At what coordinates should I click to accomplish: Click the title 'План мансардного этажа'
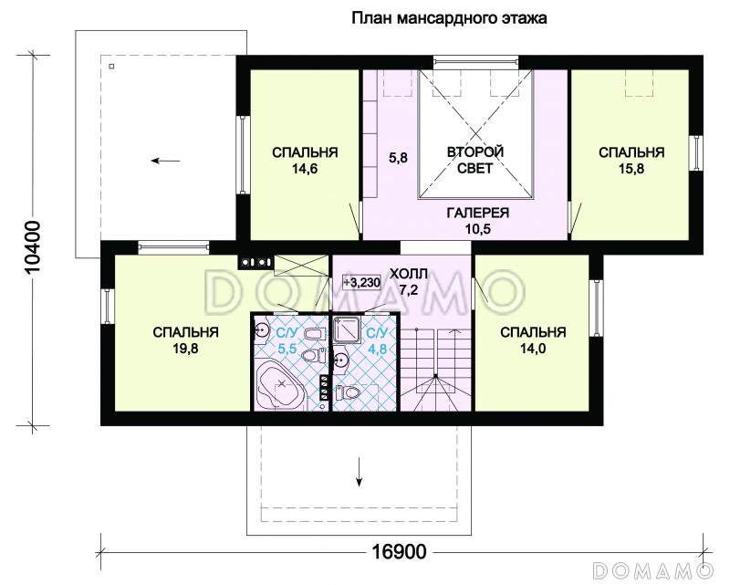[449, 18]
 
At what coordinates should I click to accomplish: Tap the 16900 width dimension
[399, 552]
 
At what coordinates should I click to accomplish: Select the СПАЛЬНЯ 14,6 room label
[305, 161]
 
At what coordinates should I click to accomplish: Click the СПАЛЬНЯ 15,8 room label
[631, 161]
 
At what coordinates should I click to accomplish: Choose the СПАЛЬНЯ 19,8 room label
[185, 340]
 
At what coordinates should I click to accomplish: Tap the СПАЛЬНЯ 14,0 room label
[533, 340]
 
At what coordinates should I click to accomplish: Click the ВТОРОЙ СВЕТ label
[475, 160]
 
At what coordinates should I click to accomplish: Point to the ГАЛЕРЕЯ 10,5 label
[477, 220]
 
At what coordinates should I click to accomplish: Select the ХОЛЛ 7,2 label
[408, 282]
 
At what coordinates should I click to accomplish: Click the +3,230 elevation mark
[361, 282]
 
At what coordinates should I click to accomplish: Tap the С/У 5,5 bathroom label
[287, 340]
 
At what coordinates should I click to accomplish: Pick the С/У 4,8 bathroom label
[377, 340]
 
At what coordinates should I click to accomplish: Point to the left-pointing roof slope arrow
[165, 162]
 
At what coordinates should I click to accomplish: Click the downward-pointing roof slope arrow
[359, 471]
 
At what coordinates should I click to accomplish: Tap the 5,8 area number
[398, 158]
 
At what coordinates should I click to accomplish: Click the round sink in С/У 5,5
[262, 330]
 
